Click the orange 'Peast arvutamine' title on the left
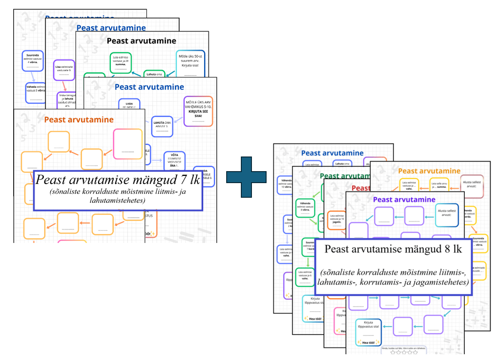click(79, 119)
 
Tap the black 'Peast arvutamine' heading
click(141, 41)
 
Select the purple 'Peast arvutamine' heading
click(405, 200)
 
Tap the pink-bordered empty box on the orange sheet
click(128, 144)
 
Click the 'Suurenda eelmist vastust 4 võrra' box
click(32, 61)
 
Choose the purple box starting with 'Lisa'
click(64, 70)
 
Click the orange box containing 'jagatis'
click(337, 220)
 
